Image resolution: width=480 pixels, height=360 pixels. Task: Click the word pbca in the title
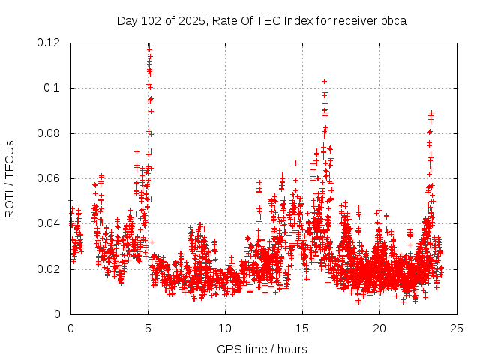(392, 20)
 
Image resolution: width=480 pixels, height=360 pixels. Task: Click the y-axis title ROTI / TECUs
(10, 178)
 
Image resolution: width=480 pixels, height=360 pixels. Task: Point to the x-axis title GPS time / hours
(262, 349)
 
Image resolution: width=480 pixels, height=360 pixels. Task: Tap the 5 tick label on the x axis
(148, 328)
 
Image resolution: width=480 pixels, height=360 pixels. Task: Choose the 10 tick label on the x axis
(225, 328)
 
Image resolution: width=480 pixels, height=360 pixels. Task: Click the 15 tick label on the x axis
(302, 328)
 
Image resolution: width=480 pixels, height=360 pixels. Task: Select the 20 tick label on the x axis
(379, 328)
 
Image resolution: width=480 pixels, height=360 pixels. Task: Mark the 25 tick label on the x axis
(457, 328)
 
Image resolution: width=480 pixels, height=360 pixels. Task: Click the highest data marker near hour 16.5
(324, 81)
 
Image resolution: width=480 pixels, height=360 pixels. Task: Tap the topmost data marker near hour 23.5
(431, 112)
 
